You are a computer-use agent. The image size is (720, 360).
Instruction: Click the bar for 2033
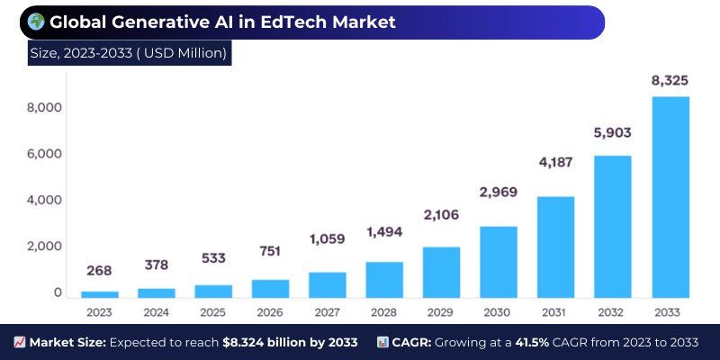coord(670,197)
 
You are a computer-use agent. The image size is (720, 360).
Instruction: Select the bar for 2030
coord(499,262)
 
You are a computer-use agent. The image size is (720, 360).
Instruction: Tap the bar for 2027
coord(328,284)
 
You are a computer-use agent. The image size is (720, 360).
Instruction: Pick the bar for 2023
coord(99,294)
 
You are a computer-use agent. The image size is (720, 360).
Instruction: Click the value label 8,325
coord(670,81)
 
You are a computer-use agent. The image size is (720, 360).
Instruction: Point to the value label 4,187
coord(555,163)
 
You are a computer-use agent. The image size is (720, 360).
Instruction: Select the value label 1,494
coord(384,232)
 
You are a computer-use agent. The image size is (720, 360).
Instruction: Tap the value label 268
coord(99,270)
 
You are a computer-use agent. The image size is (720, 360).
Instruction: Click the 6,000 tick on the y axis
coord(45,154)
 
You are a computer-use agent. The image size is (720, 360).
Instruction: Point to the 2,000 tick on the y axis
coord(45,247)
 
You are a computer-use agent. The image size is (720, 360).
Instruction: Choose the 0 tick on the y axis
coord(57,292)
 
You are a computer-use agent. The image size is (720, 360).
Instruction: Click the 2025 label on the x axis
coord(213,311)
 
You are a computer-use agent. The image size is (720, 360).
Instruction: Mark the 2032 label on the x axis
coord(613,311)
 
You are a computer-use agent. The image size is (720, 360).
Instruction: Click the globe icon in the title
coord(36,22)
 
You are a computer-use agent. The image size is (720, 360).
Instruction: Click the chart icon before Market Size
coord(19,343)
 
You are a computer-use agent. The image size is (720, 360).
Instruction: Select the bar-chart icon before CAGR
coord(382,343)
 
